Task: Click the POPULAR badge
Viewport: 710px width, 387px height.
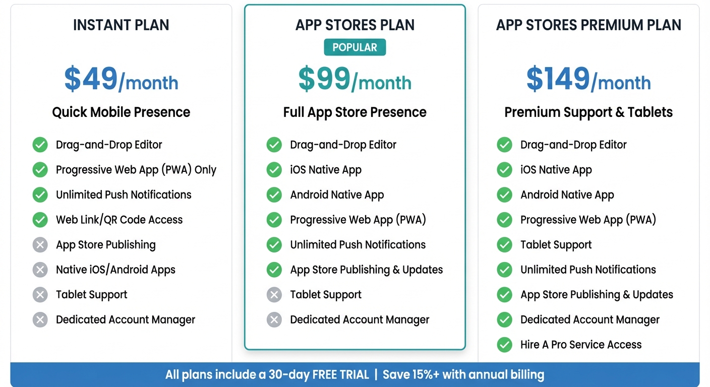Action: click(354, 47)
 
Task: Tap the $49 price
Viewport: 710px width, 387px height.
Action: click(91, 79)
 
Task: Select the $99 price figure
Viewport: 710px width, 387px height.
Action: click(324, 79)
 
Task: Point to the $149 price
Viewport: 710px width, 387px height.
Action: click(558, 79)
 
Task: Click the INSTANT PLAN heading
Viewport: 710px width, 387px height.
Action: click(121, 25)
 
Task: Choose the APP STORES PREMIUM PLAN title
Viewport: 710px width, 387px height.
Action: click(588, 25)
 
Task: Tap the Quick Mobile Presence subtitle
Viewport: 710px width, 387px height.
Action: click(121, 112)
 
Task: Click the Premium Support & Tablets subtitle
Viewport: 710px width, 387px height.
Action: click(588, 112)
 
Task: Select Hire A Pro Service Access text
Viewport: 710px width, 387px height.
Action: click(581, 345)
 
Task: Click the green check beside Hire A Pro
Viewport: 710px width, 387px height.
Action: click(504, 345)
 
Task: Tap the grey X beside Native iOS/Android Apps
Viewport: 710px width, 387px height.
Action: click(40, 270)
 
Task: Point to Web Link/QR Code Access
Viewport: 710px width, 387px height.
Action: click(119, 220)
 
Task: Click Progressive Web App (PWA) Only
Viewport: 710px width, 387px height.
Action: click(136, 170)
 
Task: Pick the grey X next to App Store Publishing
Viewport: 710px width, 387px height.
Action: click(40, 245)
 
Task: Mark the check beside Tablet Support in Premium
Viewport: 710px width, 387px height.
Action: click(504, 245)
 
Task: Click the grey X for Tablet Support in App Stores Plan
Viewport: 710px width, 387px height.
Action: click(274, 295)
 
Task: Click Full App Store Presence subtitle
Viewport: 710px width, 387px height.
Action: click(354, 112)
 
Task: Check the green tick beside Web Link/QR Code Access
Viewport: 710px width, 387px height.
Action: click(40, 220)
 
